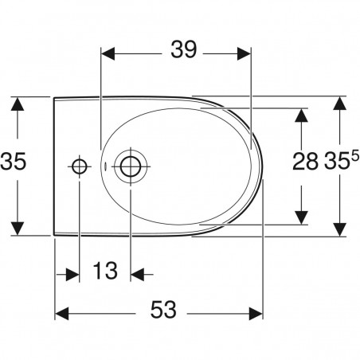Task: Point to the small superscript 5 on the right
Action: (x=354, y=155)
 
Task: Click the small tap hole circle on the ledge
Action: (x=80, y=166)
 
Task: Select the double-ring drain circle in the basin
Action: (x=129, y=166)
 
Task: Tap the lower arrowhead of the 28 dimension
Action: (x=301, y=216)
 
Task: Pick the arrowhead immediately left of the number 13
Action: (x=71, y=272)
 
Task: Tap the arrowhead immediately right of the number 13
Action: (x=137, y=272)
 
